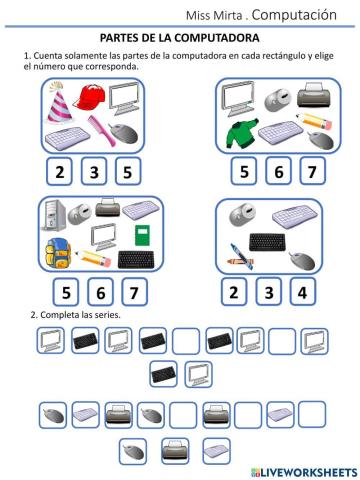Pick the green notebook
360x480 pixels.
[139, 234]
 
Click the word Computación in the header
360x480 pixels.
[299, 15]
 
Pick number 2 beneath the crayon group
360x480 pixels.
[232, 292]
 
